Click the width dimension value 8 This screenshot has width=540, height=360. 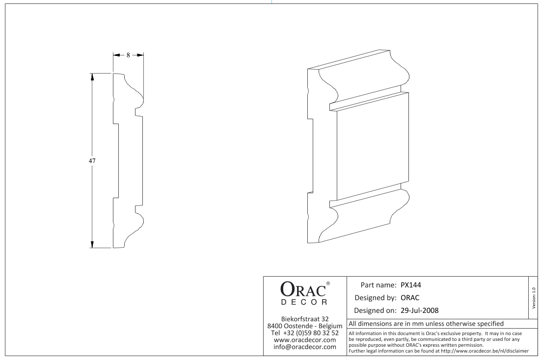pyautogui.click(x=128, y=55)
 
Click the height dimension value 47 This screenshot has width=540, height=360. pyautogui.click(x=92, y=160)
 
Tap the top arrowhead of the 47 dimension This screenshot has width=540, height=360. pyautogui.click(x=92, y=77)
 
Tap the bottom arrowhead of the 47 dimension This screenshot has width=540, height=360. pyautogui.click(x=92, y=244)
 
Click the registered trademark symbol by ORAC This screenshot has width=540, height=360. pyautogui.click(x=328, y=284)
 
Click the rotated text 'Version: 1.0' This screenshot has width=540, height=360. pyautogui.click(x=534, y=298)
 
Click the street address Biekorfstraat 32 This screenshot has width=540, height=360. pyautogui.click(x=304, y=319)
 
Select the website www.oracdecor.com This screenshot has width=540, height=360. pyautogui.click(x=304, y=340)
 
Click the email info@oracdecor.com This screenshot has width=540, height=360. pyautogui.click(x=304, y=347)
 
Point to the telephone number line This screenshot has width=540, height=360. pyautogui.click(x=304, y=333)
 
